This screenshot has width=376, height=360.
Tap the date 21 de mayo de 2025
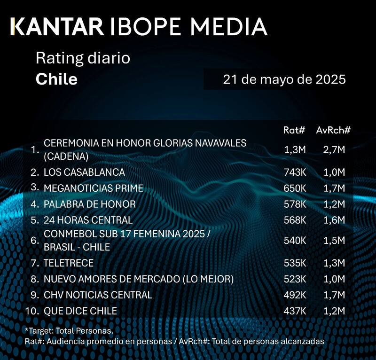(284, 79)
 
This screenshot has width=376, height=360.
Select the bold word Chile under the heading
(56, 78)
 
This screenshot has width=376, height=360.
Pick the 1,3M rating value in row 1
(295, 149)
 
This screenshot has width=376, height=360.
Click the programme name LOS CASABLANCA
(84, 172)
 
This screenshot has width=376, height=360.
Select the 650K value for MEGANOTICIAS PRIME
(295, 188)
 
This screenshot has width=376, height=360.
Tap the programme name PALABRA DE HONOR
(89, 204)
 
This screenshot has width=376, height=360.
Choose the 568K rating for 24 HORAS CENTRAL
(295, 220)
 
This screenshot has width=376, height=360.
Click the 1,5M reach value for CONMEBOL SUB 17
(335, 241)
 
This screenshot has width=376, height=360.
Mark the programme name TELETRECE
(69, 263)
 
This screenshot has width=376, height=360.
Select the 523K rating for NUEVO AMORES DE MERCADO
(295, 279)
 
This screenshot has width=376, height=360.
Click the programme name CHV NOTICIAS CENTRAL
(98, 295)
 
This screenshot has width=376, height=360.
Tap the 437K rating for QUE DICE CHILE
(295, 311)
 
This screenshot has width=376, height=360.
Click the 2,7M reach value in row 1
(335, 149)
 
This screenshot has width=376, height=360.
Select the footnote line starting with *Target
(69, 331)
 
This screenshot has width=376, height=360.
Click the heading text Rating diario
(83, 59)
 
